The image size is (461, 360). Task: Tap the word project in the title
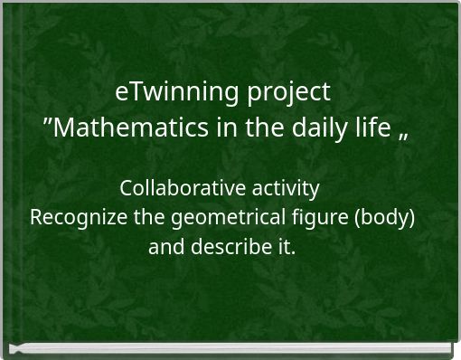288,93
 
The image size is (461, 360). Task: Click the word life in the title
366,128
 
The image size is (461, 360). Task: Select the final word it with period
286,246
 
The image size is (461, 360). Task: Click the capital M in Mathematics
69,128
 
